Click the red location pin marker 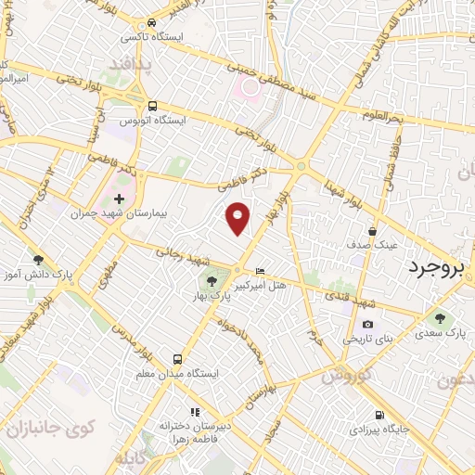click(x=238, y=217)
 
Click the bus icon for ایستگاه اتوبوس click(x=151, y=107)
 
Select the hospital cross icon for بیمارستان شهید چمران click(x=119, y=199)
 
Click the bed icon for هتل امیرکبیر click(x=259, y=270)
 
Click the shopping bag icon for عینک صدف click(x=372, y=232)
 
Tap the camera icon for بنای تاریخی click(x=368, y=325)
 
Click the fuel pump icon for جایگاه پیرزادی click(x=378, y=415)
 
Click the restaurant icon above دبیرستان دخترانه click(x=194, y=411)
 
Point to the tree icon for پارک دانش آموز click(x=37, y=260)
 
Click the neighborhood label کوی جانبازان click(x=55, y=429)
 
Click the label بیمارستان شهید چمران click(x=109, y=213)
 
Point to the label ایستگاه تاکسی click(x=151, y=38)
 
